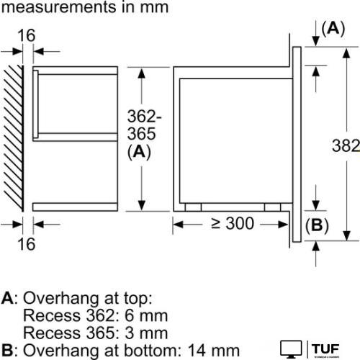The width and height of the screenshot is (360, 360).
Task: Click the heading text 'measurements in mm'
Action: [84, 8]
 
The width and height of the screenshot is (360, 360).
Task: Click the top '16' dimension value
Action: [26, 35]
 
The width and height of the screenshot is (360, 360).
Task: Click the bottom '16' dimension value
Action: [26, 244]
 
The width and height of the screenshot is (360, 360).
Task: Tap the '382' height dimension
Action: [347, 146]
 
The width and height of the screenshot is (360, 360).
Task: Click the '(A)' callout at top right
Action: [333, 28]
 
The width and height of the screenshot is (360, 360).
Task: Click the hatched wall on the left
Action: [13, 137]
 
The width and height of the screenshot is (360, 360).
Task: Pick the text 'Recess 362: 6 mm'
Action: [95, 315]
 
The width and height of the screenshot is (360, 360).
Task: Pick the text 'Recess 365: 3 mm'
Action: [95, 333]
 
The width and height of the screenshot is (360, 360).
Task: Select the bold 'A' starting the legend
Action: [6, 298]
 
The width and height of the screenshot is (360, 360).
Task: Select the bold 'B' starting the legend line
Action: [6, 351]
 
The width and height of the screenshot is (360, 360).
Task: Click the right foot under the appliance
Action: [272, 207]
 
